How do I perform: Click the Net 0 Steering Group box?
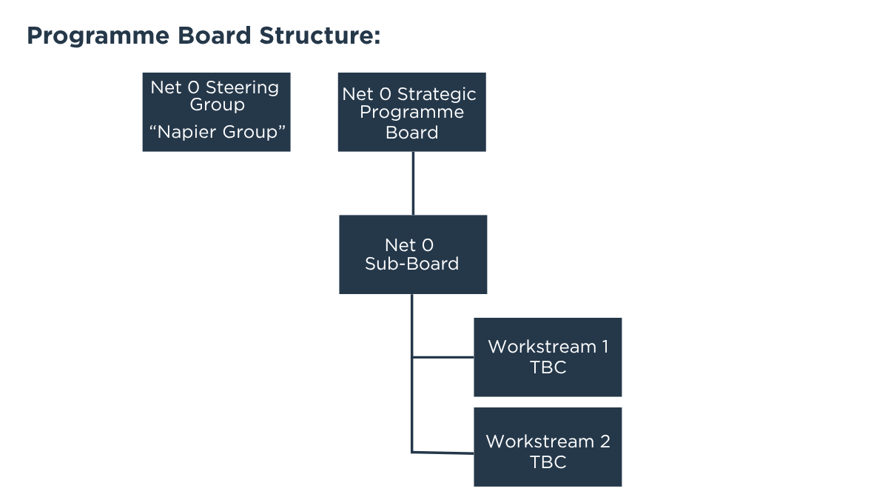216,112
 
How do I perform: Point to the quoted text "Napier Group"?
217,133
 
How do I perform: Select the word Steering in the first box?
242,87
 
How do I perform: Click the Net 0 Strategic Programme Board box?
411,112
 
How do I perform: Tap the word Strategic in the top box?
437,95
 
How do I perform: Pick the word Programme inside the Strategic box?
411,113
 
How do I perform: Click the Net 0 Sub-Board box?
412,254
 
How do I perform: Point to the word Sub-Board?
411,264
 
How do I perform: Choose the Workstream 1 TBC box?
548,357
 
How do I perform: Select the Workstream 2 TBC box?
548,447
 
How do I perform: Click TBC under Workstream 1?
548,367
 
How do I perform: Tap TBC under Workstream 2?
548,462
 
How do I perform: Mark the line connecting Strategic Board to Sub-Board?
412,183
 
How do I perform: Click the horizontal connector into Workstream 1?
443,357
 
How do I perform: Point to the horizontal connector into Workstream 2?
443,452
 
